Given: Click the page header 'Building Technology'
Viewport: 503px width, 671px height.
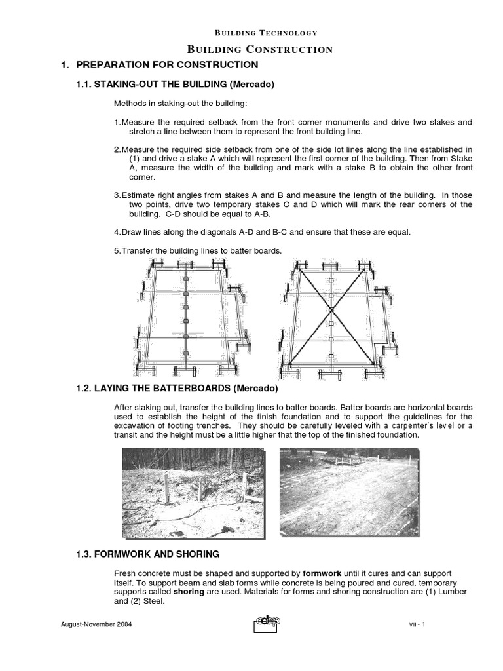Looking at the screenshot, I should [x=257, y=33].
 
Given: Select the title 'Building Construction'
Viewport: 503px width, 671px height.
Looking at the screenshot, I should [x=260, y=49].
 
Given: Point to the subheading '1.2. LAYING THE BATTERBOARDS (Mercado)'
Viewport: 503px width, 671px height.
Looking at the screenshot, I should [x=177, y=389].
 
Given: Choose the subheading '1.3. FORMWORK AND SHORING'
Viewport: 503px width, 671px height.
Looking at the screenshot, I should [x=148, y=554].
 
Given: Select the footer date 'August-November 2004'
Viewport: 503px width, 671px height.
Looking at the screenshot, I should [x=96, y=624].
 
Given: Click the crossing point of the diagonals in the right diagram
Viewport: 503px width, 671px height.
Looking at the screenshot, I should [x=331, y=309].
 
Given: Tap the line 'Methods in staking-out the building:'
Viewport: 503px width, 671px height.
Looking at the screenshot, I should [x=173, y=104].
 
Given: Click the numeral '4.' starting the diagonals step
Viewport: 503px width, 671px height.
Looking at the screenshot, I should [x=117, y=233].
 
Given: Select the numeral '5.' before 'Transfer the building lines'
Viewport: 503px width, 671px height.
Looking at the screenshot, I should [x=117, y=250].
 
